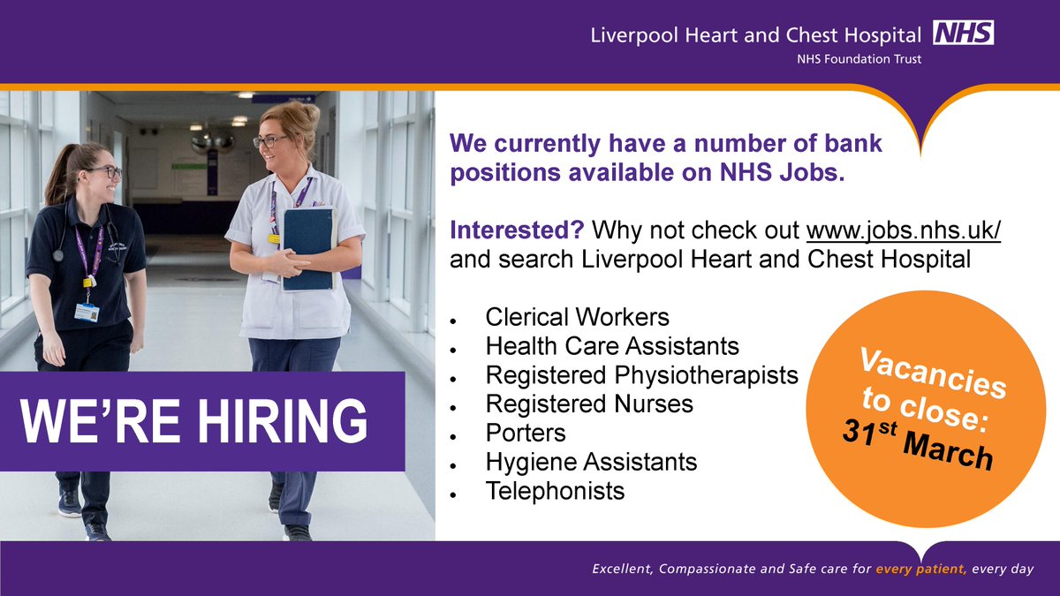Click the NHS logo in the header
click(x=964, y=34)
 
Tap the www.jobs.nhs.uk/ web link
click(x=904, y=231)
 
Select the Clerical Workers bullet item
click(x=577, y=316)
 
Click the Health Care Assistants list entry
click(x=612, y=345)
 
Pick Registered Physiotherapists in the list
click(x=641, y=375)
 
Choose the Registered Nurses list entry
click(x=589, y=404)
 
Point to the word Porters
click(x=526, y=433)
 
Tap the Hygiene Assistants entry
click(x=591, y=461)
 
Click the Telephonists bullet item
click(x=555, y=490)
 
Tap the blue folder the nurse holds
click(x=308, y=246)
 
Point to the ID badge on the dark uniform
click(x=86, y=310)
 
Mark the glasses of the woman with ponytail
click(x=105, y=172)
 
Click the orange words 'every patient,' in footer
click(x=920, y=570)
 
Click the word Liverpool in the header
click(x=629, y=35)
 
